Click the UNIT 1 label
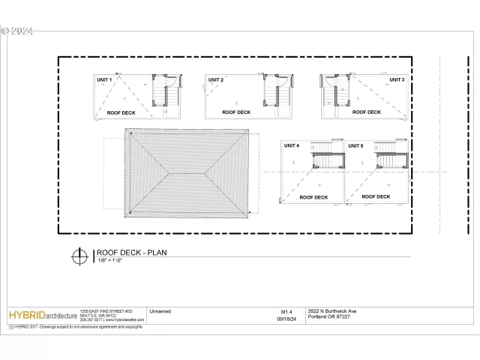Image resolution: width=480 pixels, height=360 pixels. tap(103, 79)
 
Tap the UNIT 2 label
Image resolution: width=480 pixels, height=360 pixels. tap(216, 79)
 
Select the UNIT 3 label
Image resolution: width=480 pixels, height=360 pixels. tap(397, 79)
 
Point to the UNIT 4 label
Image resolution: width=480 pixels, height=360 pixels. tap(292, 145)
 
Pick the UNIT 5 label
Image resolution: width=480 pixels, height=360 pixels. tap(355, 145)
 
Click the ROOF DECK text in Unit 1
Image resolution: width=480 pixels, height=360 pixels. tap(121, 112)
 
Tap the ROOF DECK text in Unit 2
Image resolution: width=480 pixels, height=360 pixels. tap(236, 112)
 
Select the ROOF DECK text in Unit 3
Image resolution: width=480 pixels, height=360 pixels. tap(367, 112)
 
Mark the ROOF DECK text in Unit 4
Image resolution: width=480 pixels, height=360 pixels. tap(313, 197)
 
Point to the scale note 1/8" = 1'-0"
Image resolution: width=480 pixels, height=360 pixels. tap(111, 260)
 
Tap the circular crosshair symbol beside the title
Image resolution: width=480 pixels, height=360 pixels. tap(79, 256)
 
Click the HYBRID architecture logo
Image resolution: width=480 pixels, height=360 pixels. tap(43, 316)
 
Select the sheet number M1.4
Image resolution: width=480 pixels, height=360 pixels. tap(286, 310)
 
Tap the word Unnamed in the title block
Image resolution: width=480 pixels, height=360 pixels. tap(160, 310)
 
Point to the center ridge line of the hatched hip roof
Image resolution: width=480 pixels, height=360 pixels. tap(188, 173)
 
